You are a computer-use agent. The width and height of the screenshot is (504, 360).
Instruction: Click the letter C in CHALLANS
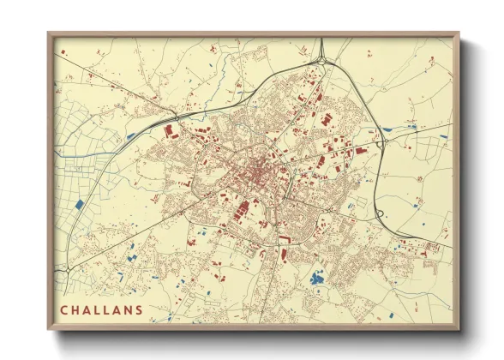pos(63,309)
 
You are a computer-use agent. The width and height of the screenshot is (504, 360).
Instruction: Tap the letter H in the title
pos(76,309)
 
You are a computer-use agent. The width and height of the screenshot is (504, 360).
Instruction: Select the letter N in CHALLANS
pos(128,309)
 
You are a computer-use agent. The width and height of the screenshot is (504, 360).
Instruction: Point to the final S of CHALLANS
pos(140,309)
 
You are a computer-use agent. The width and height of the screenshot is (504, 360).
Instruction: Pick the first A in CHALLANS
pos(89,309)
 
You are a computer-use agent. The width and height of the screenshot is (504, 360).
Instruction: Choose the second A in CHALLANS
pos(115,309)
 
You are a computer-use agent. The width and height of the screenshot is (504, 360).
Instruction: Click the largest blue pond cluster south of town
pos(316,278)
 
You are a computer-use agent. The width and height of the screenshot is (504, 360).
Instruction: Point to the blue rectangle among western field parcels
pos(79,205)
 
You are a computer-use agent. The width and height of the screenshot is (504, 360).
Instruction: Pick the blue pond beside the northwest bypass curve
pos(130,135)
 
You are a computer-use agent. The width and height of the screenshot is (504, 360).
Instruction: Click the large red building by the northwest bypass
pos(169,131)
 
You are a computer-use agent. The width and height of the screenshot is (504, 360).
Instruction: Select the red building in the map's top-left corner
pos(63,53)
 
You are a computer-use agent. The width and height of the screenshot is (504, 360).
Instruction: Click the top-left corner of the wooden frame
pos(48,33)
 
